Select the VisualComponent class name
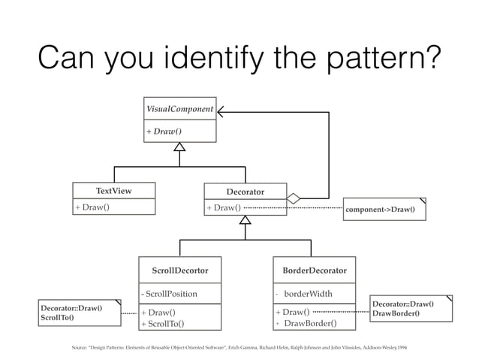tap(180, 110)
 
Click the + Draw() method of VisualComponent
tap(164, 132)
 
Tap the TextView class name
tap(113, 191)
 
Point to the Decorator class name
tap(245, 192)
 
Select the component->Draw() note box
tap(384, 209)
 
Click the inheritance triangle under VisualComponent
tap(179, 148)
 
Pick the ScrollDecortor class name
tap(180, 269)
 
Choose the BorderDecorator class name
tap(314, 269)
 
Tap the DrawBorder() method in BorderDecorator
tap(310, 324)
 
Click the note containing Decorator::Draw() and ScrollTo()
tap(79, 313)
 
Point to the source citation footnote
tap(239, 349)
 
